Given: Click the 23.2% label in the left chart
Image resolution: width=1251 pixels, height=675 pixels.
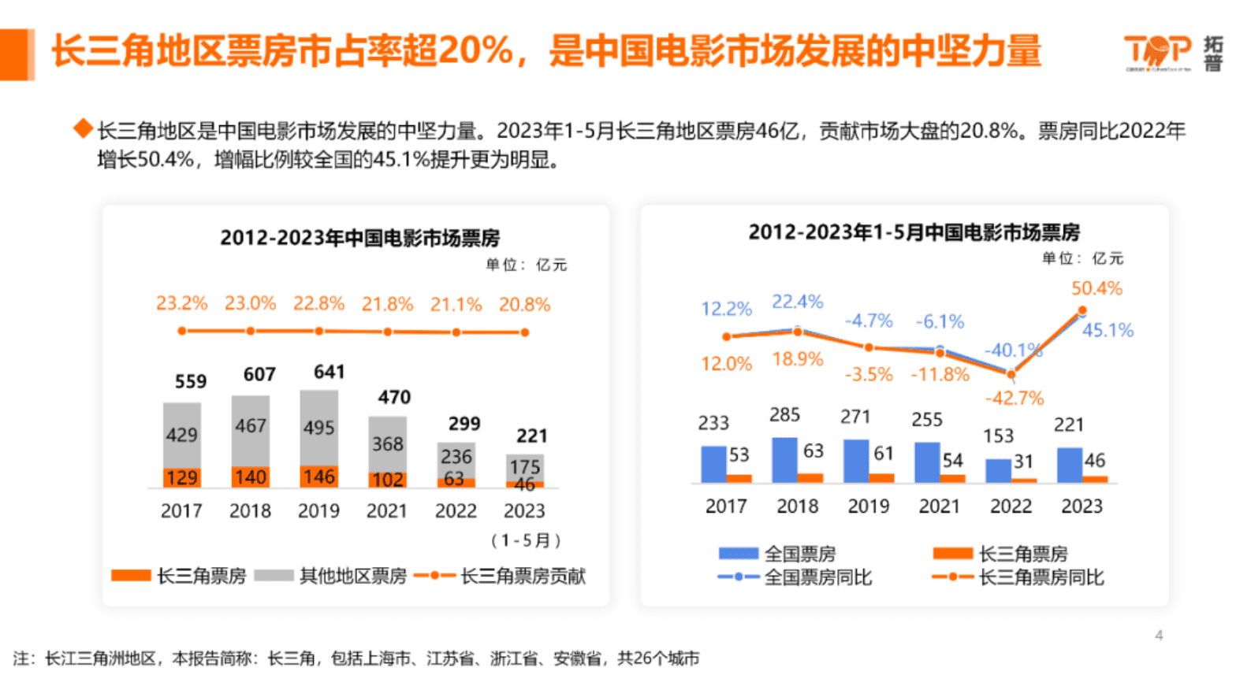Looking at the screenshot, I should click(181, 303).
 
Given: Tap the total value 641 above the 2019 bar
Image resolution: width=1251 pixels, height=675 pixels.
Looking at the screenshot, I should click(329, 372).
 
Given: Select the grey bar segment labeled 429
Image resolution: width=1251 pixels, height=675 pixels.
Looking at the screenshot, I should click(182, 435).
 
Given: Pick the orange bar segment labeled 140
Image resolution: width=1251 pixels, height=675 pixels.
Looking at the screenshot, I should click(250, 477).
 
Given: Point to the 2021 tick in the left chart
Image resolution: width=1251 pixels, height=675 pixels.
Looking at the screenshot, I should click(387, 510).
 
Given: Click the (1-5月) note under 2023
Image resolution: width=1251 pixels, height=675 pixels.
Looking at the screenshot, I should click(525, 540).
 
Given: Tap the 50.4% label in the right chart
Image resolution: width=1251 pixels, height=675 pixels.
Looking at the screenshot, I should click(1096, 288).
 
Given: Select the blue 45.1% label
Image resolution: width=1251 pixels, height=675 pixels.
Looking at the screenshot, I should click(1107, 330).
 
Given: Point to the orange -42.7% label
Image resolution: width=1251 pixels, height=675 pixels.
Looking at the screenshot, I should click(1014, 398).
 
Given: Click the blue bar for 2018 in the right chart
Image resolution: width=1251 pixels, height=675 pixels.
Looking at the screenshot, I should click(784, 459).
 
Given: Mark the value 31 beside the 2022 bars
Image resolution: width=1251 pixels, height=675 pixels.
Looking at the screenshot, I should click(1022, 462).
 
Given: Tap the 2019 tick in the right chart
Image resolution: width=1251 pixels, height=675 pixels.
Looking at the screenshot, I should click(868, 506).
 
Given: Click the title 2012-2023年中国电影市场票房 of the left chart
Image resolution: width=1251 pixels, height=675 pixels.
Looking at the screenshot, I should click(359, 238).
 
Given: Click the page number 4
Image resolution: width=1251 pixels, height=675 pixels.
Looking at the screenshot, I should click(1159, 635).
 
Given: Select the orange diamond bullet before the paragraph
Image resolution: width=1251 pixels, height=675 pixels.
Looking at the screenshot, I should click(83, 128).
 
